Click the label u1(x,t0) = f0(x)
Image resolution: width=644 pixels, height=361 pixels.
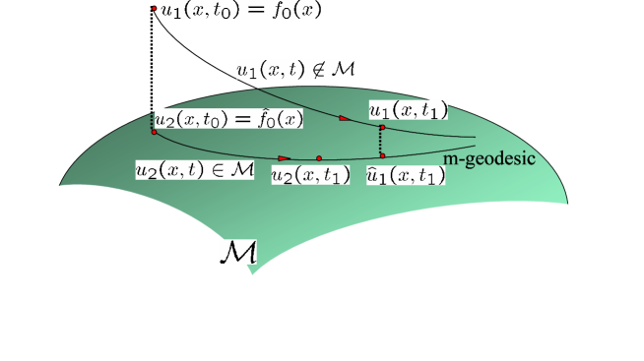(x=241, y=11)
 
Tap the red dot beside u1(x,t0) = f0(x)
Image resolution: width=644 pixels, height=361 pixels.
(x=156, y=11)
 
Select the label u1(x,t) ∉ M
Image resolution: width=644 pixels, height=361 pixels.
(x=294, y=69)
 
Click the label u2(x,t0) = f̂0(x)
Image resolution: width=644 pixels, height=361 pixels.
(x=228, y=119)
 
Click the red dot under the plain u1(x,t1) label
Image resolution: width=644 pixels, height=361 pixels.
(x=381, y=127)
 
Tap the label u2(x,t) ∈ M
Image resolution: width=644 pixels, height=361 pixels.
(x=194, y=169)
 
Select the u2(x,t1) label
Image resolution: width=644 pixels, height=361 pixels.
(x=310, y=175)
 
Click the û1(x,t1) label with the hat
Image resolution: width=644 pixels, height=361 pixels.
(x=405, y=175)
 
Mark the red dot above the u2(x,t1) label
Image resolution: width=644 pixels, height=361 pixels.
(x=319, y=157)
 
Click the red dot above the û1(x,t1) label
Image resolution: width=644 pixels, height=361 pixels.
(x=382, y=155)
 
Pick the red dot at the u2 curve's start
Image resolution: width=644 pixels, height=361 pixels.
(x=154, y=132)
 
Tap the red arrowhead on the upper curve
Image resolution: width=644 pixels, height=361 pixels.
(x=344, y=118)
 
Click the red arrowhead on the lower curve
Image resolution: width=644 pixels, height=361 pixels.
(x=284, y=157)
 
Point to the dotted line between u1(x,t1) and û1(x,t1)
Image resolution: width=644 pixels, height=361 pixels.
(x=381, y=142)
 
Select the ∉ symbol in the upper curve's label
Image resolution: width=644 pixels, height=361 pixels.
(x=322, y=69)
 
